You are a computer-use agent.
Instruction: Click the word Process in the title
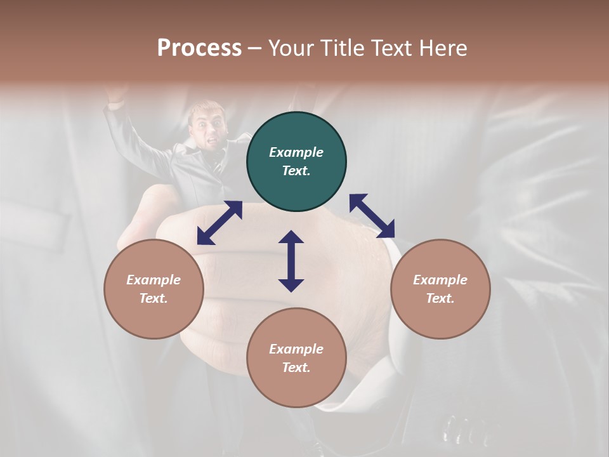[199, 48]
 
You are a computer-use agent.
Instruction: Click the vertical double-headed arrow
[291, 261]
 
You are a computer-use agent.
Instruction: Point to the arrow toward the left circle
[219, 223]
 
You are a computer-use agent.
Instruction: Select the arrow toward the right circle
[372, 216]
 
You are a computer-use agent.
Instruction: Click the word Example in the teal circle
[296, 152]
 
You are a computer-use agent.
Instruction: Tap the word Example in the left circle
[154, 280]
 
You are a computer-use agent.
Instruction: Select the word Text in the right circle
[440, 298]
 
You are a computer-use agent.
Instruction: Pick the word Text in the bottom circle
[296, 368]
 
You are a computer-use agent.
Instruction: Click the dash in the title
[255, 49]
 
